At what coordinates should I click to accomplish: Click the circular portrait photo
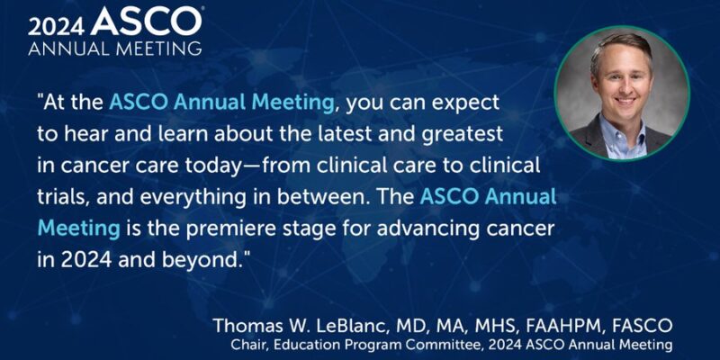[x=622, y=93]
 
